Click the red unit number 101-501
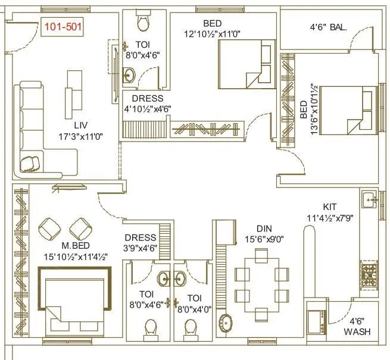(62, 26)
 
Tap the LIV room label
(81, 125)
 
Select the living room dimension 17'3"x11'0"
(81, 136)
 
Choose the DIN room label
(264, 228)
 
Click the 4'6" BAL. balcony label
(328, 27)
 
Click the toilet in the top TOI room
(143, 22)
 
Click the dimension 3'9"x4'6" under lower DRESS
(141, 248)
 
